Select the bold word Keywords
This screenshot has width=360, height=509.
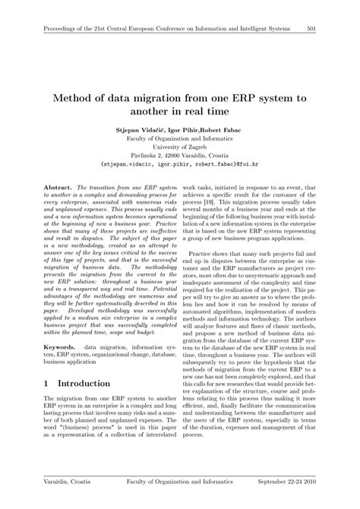[x=61, y=346]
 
